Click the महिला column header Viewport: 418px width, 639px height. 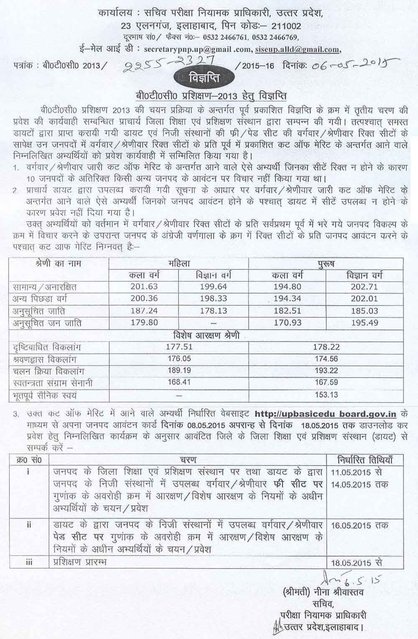[179, 263]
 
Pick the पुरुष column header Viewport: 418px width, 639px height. [326, 263]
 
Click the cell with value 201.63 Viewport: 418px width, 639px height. [143, 287]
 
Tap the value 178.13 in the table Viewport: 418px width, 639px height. [213, 311]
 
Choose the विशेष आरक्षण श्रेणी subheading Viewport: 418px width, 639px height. [206, 335]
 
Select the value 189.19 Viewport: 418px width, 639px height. [179, 371]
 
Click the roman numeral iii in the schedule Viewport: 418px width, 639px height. [29, 562]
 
